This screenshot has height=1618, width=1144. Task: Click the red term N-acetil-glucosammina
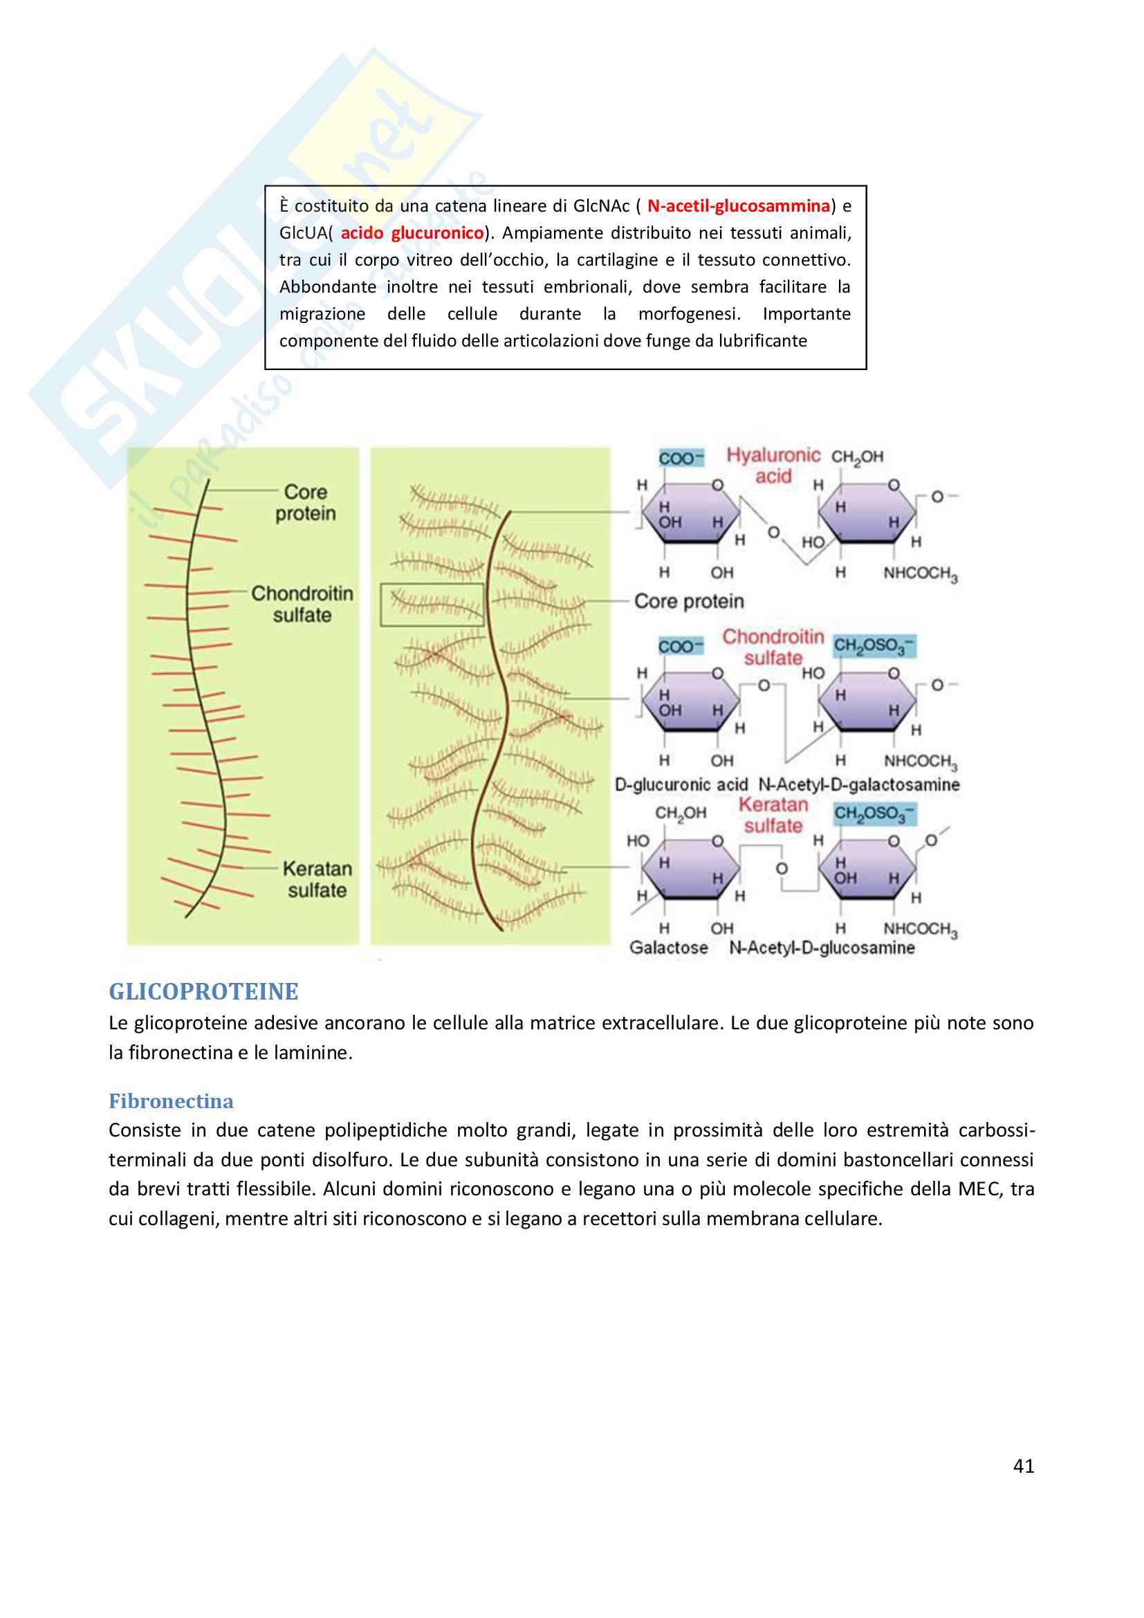tap(738, 205)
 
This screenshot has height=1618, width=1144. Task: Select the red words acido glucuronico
tap(412, 232)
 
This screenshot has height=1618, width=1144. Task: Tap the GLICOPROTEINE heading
tap(203, 991)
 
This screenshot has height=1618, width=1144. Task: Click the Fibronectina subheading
tap(171, 1101)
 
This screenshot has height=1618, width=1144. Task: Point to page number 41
tap(1024, 1466)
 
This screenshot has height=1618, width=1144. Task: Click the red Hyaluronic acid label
tap(773, 465)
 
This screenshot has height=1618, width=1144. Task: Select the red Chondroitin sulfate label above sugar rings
tap(773, 647)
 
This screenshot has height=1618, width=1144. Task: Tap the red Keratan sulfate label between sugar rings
tap(773, 815)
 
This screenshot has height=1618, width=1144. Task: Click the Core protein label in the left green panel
tap(306, 502)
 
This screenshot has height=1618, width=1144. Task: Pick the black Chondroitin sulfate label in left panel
tap(302, 604)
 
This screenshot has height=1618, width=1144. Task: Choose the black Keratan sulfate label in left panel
tap(317, 879)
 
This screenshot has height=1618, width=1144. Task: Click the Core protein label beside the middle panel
tap(689, 601)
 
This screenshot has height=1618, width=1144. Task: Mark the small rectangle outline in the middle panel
tap(432, 604)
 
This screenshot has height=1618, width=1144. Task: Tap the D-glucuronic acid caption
tap(681, 784)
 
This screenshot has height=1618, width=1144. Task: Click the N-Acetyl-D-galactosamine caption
tap(859, 784)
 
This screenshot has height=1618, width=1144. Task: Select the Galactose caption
tap(669, 948)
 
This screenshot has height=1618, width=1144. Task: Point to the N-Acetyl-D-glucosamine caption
tap(822, 948)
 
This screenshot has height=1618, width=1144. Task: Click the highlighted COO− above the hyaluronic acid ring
tap(681, 458)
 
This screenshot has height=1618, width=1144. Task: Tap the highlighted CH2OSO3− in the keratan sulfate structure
tap(874, 814)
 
